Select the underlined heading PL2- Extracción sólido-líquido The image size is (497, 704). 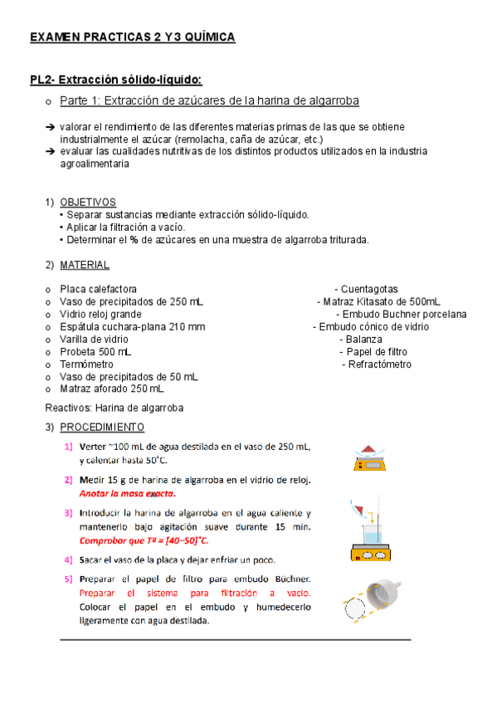tap(115, 80)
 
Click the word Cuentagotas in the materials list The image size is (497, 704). tap(369, 289)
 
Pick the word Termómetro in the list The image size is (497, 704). tap(86, 364)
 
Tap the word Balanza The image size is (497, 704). tap(364, 340)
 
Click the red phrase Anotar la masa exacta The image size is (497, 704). tap(128, 493)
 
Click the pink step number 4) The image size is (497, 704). tap(68, 560)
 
